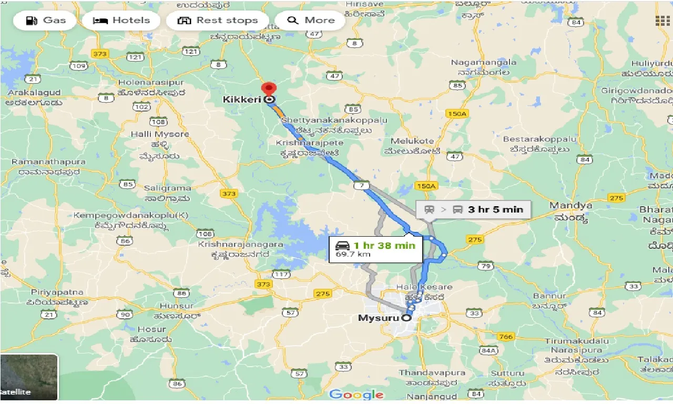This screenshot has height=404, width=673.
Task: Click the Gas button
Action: point(46,21)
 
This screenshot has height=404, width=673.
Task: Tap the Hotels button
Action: point(121,21)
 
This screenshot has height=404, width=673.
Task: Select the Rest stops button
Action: point(218,21)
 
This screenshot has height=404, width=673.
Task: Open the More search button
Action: point(311,21)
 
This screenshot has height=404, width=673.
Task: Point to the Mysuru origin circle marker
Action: point(406,318)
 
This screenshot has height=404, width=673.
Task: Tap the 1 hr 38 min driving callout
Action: point(375,249)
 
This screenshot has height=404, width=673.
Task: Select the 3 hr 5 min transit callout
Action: point(473,209)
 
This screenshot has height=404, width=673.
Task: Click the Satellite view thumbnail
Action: point(29,377)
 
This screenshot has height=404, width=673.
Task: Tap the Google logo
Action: point(356,394)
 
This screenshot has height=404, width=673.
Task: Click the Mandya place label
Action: point(570,205)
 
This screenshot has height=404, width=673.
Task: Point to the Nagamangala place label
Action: point(483,62)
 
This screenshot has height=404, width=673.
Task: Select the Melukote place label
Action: point(412,141)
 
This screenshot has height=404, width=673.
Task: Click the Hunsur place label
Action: point(162,306)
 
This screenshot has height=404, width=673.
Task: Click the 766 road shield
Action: point(505,336)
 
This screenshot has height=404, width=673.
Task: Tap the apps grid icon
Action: point(662,21)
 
